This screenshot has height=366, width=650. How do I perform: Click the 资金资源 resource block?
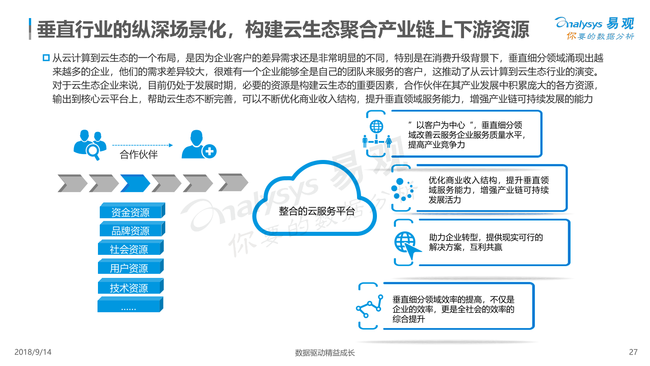pyautogui.click(x=132, y=211)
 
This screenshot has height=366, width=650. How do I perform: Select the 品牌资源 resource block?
pyautogui.click(x=132, y=229)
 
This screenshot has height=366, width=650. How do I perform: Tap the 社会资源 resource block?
pyautogui.click(x=131, y=248)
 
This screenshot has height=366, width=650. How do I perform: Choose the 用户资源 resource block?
pyautogui.click(x=131, y=267)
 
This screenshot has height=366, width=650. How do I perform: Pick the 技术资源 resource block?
pyautogui.click(x=131, y=286)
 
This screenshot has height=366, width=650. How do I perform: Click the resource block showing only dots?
pyautogui.click(x=130, y=305)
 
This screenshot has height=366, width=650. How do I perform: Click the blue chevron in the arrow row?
pyautogui.click(x=135, y=183)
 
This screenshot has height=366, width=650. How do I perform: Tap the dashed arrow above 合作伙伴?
pyautogui.click(x=143, y=145)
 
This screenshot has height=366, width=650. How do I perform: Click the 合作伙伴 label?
pyautogui.click(x=139, y=155)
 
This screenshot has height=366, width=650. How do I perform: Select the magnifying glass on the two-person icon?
pyautogui.click(x=93, y=152)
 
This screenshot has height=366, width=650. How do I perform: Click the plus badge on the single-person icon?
pyautogui.click(x=209, y=151)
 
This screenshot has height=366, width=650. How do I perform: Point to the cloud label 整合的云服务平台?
pyautogui.click(x=317, y=211)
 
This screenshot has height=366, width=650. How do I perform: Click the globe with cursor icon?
pyautogui.click(x=408, y=245)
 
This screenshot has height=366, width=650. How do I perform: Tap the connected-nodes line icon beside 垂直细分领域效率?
pyautogui.click(x=369, y=306)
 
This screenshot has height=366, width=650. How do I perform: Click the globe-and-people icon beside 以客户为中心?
pyautogui.click(x=377, y=134)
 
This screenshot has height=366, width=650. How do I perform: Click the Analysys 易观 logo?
pyautogui.click(x=595, y=28)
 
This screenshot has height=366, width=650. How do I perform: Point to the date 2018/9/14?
pyautogui.click(x=33, y=352)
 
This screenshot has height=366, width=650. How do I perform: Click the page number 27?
pyautogui.click(x=633, y=352)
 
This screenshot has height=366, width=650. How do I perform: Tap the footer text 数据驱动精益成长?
pyautogui.click(x=325, y=352)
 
